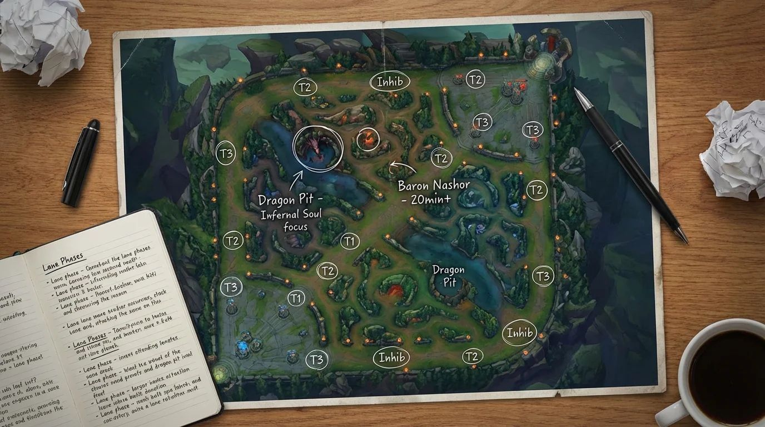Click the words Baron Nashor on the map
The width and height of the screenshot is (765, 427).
[434, 185]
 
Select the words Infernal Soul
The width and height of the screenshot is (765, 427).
[291, 215]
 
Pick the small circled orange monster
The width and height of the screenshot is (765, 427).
[368, 139]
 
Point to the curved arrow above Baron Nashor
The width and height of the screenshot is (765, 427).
[403, 166]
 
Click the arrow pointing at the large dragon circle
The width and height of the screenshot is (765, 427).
[295, 179]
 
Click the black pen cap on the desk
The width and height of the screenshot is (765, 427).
[81, 162]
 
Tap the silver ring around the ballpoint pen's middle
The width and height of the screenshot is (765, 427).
[617, 146]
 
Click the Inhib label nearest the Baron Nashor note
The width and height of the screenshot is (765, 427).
[390, 82]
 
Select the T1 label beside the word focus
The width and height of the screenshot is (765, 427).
[349, 241]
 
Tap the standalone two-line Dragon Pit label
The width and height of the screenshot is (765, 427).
[448, 276]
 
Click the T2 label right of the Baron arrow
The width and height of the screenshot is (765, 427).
[440, 158]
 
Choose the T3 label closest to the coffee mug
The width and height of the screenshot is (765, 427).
[543, 276]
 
